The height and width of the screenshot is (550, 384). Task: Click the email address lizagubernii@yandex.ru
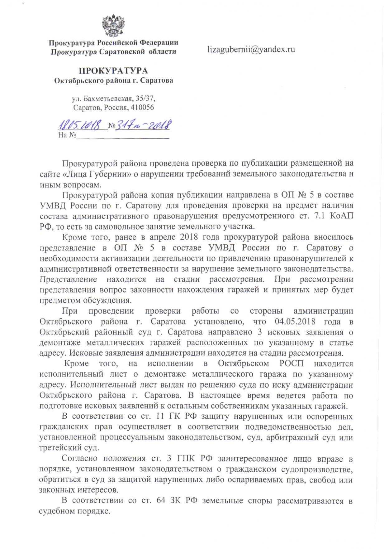click(x=251, y=49)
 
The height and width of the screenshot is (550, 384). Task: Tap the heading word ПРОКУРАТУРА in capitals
click(x=113, y=71)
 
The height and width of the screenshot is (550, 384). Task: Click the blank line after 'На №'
click(x=123, y=136)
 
